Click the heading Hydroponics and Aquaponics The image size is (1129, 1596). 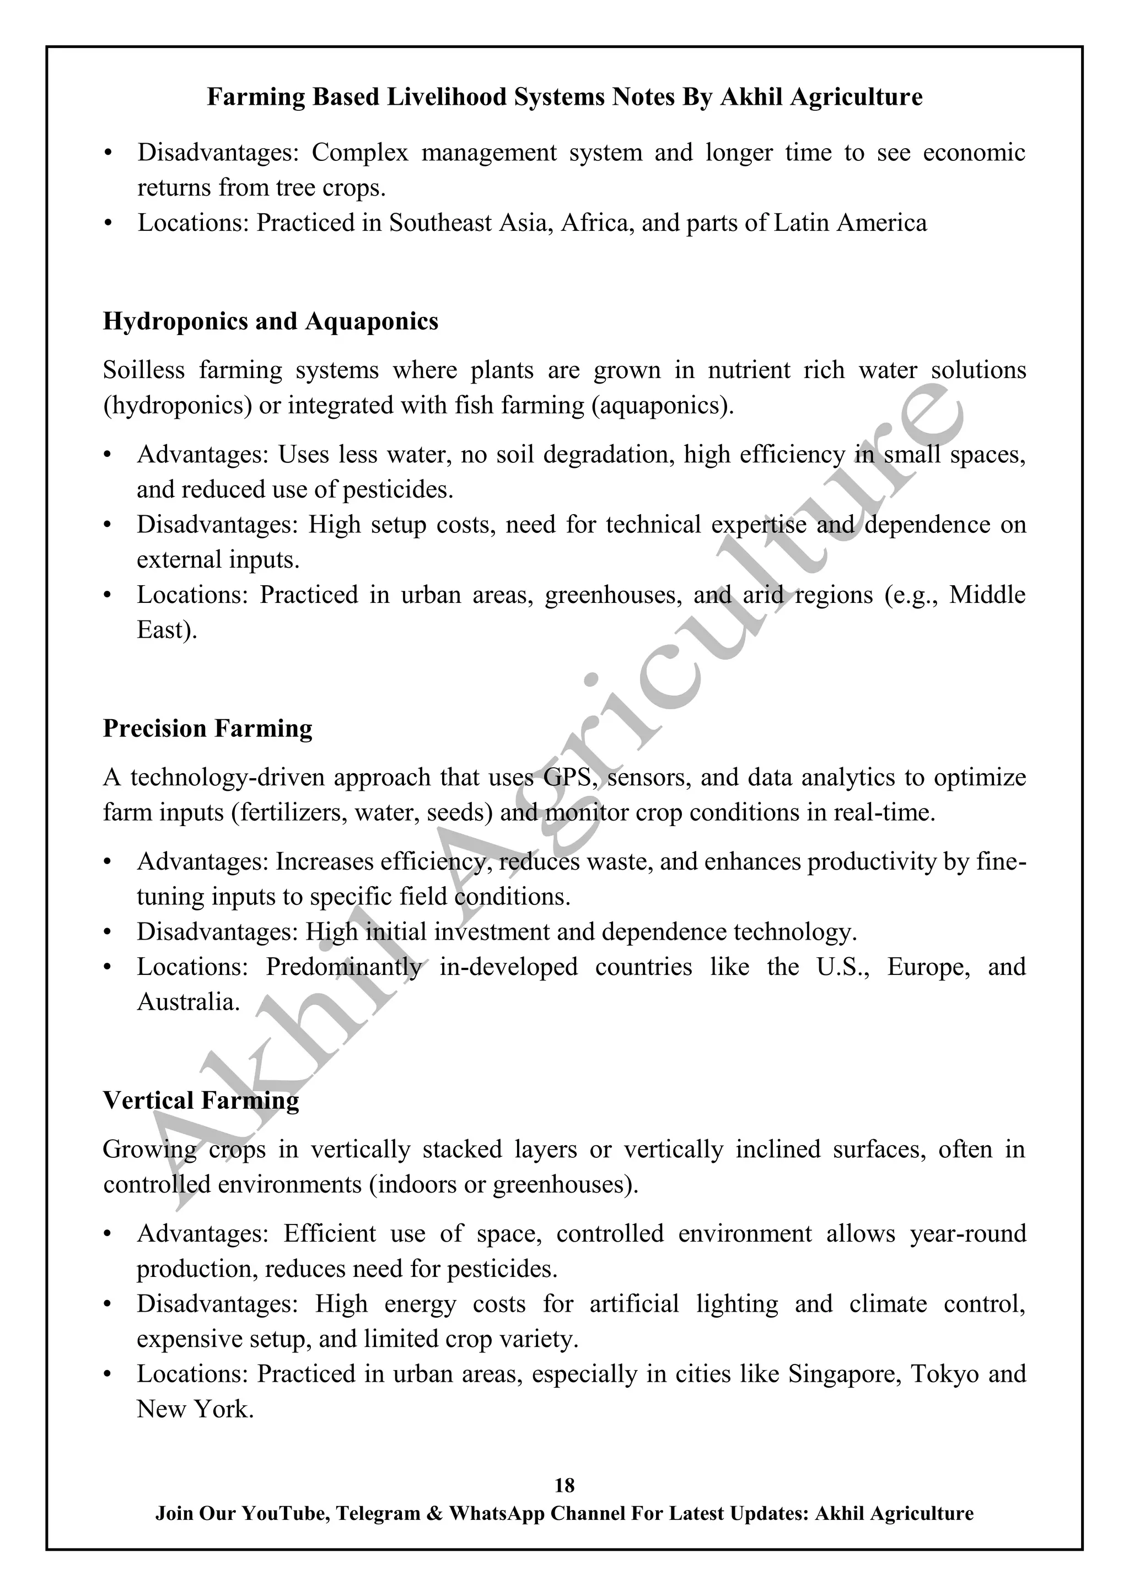pyautogui.click(x=271, y=321)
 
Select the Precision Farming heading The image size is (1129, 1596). pyautogui.click(x=207, y=729)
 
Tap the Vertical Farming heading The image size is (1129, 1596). pyautogui.click(x=201, y=1101)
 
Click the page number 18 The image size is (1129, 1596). pyautogui.click(x=564, y=1485)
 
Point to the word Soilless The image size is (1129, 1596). pyautogui.click(x=144, y=370)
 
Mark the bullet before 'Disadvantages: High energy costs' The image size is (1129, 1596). pyautogui.click(x=107, y=1305)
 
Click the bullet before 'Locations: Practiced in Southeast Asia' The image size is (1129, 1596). pyautogui.click(x=107, y=224)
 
